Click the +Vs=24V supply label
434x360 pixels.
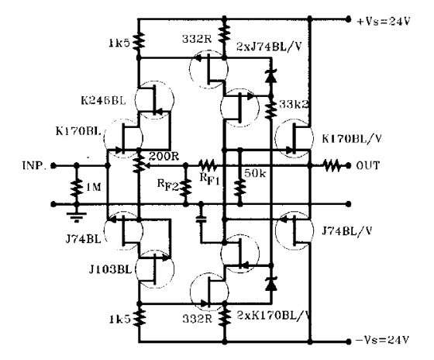pyautogui.click(x=384, y=21)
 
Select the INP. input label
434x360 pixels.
pyautogui.click(x=35, y=165)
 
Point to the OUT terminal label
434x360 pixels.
pyautogui.click(x=367, y=165)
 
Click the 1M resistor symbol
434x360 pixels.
pyautogui.click(x=77, y=188)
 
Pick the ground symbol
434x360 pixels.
pyautogui.click(x=77, y=217)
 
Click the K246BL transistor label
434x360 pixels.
pyautogui.click(x=103, y=100)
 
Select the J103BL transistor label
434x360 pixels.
pyautogui.click(x=110, y=269)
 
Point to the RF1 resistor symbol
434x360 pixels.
pyautogui.click(x=208, y=165)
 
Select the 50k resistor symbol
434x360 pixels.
pyautogui.click(x=239, y=188)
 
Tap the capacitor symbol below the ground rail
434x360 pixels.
pyautogui.click(x=201, y=220)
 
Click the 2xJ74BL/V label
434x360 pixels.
pyautogui.click(x=268, y=47)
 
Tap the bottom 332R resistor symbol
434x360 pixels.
pyautogui.click(x=225, y=317)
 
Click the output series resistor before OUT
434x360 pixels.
pyautogui.click(x=332, y=166)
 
